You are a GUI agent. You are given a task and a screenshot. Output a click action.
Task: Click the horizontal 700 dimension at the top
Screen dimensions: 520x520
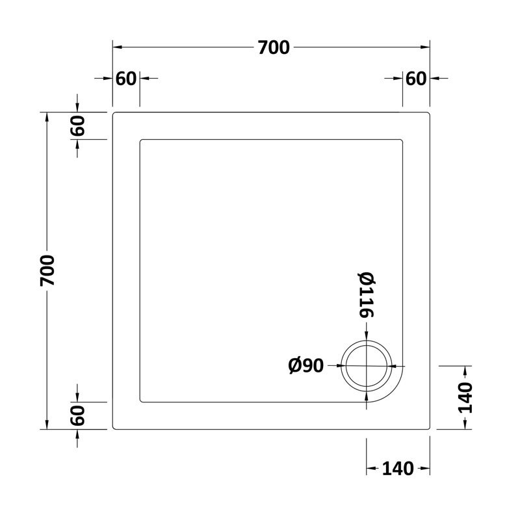click(273, 47)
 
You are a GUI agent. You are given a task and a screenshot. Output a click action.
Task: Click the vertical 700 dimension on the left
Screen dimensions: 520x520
click(47, 270)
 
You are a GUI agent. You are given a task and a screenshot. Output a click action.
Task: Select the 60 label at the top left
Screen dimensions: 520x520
click(126, 79)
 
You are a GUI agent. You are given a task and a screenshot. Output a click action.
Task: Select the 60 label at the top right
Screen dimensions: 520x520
click(416, 79)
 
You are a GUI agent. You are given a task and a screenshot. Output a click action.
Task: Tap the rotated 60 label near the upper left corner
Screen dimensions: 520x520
click(78, 125)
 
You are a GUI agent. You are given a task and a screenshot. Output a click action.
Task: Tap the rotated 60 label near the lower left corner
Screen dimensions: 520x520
click(78, 415)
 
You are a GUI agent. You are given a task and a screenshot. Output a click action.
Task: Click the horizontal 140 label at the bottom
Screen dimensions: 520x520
click(398, 468)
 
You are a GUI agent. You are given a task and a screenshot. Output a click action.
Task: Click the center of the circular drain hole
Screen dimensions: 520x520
click(367, 366)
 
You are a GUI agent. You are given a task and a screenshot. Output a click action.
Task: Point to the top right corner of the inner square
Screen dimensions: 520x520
click(402, 140)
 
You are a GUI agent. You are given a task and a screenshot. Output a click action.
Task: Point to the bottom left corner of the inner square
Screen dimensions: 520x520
click(140, 401)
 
